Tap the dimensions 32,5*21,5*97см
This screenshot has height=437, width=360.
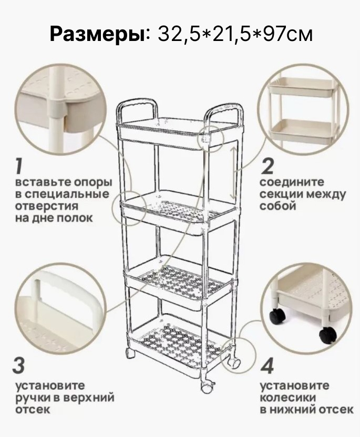point(235,34)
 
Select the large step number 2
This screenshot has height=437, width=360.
point(267,166)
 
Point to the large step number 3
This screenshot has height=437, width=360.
point(19,366)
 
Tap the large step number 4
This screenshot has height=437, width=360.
point(267,366)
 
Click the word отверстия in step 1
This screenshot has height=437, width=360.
point(47,206)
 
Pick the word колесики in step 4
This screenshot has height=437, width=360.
point(288,398)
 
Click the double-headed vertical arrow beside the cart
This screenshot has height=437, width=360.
point(234,173)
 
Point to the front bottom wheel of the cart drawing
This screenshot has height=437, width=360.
point(207,387)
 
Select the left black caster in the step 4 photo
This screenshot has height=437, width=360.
point(277,316)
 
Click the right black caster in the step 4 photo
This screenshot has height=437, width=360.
point(328,336)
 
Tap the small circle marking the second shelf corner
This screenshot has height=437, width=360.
point(129,208)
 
